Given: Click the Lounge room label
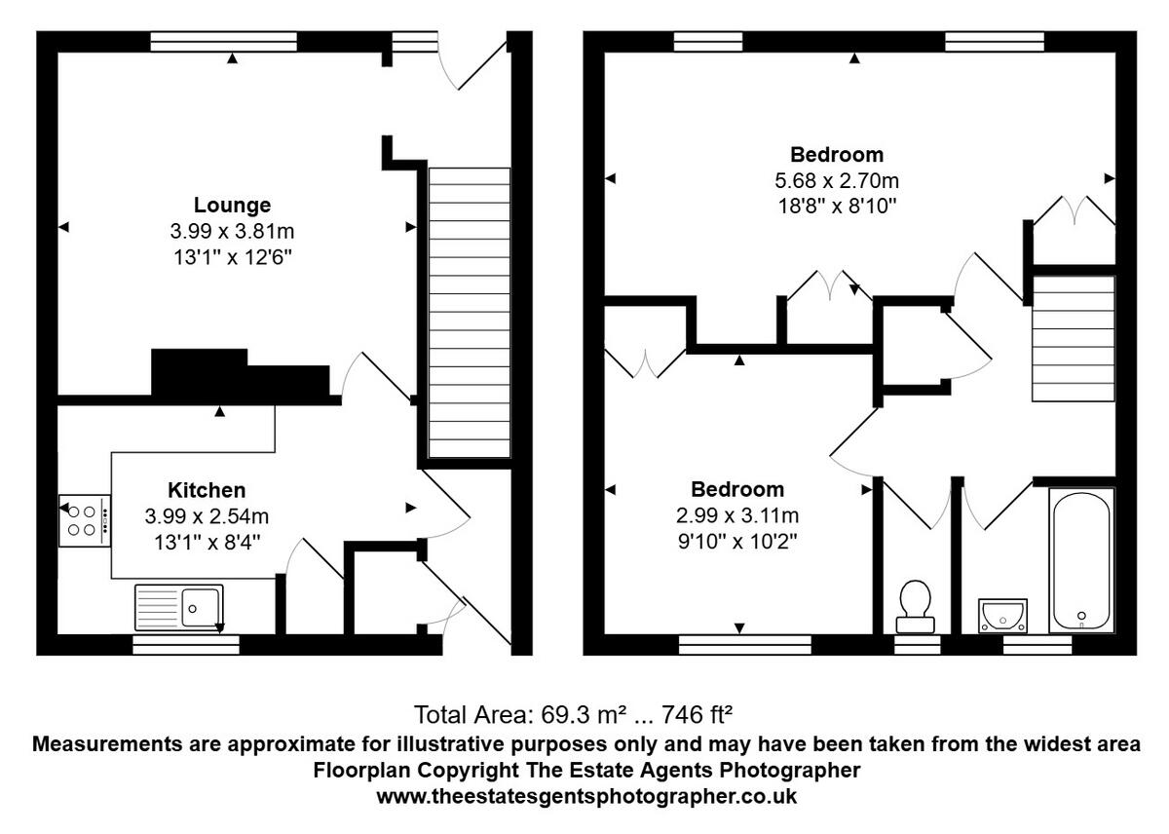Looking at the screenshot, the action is (x=232, y=206).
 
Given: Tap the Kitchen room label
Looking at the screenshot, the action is (x=207, y=490).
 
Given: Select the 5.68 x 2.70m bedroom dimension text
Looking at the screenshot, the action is (x=837, y=180).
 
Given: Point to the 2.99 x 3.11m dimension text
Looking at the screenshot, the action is (x=738, y=515).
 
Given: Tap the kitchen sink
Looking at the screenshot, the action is (x=179, y=606).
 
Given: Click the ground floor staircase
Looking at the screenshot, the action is (x=470, y=312).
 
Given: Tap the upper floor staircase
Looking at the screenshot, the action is (x=1073, y=338).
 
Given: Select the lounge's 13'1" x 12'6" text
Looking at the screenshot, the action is (x=232, y=257).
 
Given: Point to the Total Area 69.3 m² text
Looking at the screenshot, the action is (x=573, y=716).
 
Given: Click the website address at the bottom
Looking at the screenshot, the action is (x=586, y=796).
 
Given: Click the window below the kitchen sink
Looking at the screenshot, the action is (x=186, y=644).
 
